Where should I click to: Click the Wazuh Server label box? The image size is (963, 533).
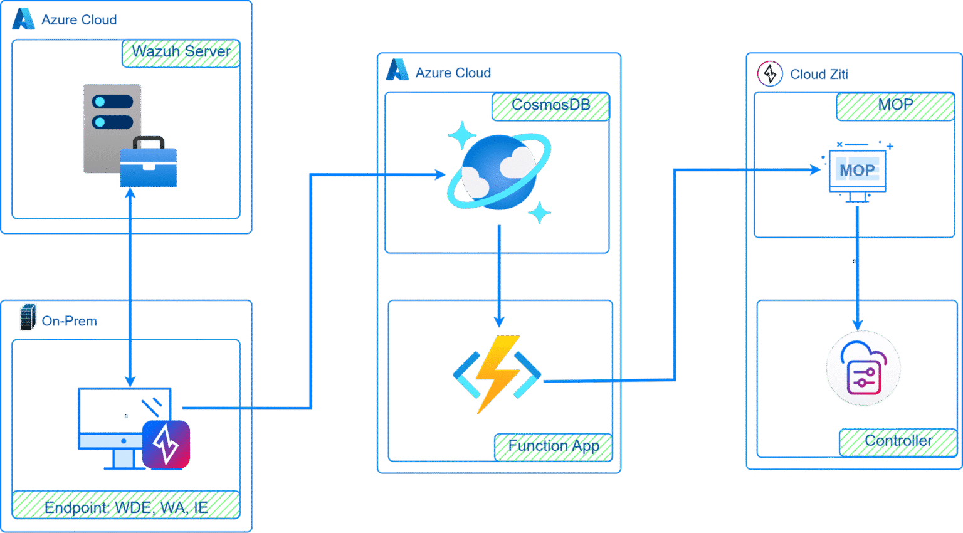181,53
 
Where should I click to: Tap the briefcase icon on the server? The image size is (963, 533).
149,163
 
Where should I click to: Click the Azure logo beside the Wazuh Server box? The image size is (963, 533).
23,19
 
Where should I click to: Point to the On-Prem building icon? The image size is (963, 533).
28,317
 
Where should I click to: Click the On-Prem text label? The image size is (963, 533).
70,321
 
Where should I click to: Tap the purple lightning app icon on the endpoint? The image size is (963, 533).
166,445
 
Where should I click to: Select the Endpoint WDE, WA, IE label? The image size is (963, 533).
126,505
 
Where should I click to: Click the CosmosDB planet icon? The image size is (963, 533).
499,172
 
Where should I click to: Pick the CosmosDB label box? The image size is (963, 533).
551,106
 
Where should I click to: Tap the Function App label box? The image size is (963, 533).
553,447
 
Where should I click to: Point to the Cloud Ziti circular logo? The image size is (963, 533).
770,74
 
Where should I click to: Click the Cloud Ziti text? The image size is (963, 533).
819,75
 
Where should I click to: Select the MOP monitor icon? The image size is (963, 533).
857,173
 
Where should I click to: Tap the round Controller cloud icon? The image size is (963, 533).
863,369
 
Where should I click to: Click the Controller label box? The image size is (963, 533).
898,442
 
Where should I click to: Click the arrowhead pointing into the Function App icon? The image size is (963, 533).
499,322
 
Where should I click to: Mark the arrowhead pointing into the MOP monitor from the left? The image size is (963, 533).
815,169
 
